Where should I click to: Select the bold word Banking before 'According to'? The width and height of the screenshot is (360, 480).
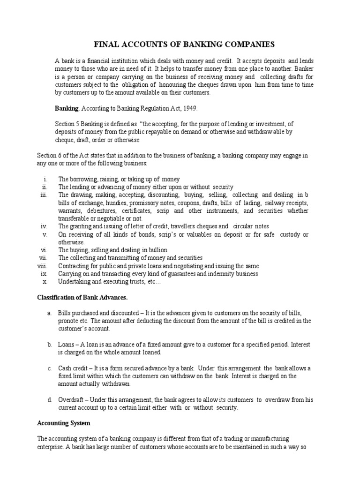(67, 108)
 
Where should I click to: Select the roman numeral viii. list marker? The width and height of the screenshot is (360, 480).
(43, 266)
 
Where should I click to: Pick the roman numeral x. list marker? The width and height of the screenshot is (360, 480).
(45, 282)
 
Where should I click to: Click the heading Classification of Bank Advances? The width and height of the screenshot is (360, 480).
(82, 298)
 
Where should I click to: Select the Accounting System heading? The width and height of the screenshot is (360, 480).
(63, 423)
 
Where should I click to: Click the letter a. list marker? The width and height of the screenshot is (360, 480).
(49, 313)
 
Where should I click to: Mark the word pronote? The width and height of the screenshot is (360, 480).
(68, 321)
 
